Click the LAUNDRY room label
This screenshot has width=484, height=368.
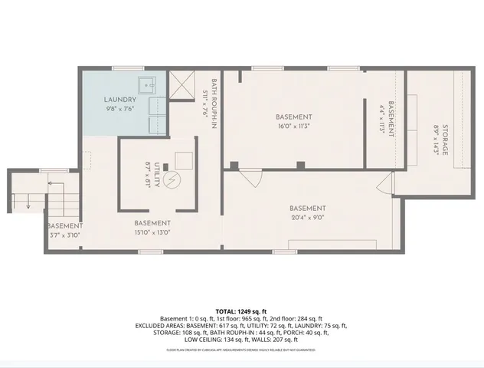point(120,100)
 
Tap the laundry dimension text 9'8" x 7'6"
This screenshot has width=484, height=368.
point(120,109)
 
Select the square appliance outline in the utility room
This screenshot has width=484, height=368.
point(183,159)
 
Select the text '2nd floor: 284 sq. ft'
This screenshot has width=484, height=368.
point(295,319)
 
